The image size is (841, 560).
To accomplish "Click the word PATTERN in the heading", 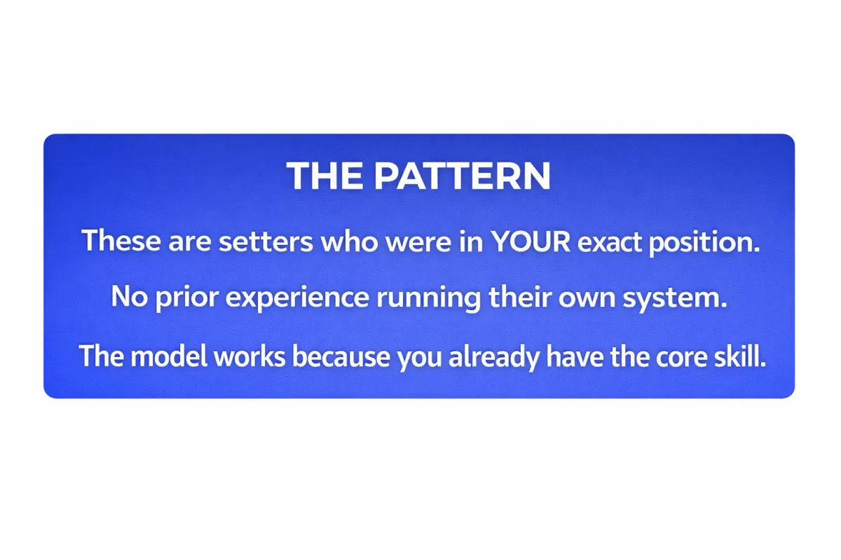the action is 462,176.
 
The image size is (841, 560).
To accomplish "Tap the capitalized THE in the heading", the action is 325,176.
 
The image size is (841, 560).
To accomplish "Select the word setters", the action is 266,242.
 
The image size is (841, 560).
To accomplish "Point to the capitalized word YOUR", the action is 531,241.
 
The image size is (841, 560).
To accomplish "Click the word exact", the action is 609,242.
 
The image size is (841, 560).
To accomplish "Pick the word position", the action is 704,243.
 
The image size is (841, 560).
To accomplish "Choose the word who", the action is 349,241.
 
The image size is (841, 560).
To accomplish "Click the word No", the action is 129,297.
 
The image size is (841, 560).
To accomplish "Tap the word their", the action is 520,296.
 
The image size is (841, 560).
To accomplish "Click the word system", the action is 675,297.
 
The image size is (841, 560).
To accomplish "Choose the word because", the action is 341,356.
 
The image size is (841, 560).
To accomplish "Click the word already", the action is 494,358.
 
